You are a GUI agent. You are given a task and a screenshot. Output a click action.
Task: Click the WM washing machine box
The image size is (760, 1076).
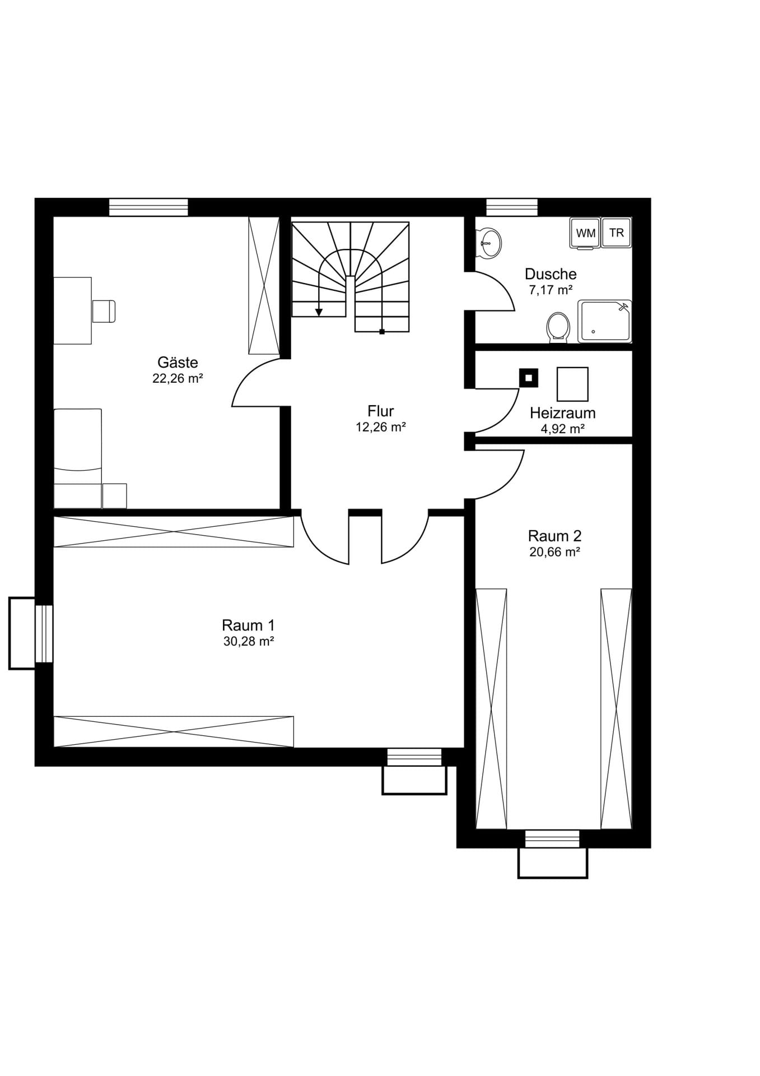coord(585,233)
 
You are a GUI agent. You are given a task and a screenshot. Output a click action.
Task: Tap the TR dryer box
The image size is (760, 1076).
coord(617,233)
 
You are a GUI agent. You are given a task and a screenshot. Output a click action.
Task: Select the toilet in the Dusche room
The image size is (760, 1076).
coord(558,327)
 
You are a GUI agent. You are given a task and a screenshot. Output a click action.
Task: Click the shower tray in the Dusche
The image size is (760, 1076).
coord(605,321)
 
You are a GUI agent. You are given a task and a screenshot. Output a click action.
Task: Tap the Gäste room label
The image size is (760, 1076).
coord(178,362)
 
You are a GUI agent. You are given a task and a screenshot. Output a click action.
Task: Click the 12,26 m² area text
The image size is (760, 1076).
coord(380,427)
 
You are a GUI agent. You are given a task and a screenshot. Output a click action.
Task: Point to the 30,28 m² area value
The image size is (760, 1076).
coord(248,642)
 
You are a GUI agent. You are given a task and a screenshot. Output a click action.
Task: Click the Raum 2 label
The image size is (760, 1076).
coord(554,536)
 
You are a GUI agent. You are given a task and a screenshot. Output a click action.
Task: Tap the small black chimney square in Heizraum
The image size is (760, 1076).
coord(528,378)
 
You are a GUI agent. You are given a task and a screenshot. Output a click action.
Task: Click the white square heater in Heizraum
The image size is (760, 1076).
coord(572,384)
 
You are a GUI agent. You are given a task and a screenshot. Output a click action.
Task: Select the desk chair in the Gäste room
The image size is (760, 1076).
coord(104,312)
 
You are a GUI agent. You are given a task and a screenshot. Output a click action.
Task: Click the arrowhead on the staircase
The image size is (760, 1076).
coord(319,312)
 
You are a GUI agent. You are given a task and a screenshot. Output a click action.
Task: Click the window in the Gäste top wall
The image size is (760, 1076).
coord(148,207)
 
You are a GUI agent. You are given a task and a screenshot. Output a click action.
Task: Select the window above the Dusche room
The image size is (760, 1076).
coord(512,207)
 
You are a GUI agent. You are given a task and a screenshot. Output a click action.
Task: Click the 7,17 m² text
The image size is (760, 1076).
coord(551,290)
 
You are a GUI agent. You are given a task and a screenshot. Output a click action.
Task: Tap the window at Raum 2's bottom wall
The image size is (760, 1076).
coord(552,839)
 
